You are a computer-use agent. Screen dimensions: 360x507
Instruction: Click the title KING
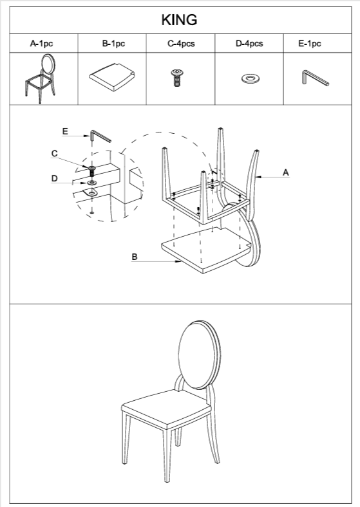(179, 20)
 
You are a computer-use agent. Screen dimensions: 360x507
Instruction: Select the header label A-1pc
(41, 44)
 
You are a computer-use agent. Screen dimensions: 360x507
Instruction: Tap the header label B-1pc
(113, 44)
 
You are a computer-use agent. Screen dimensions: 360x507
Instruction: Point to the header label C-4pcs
(181, 44)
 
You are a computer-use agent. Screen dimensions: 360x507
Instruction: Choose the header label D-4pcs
(249, 44)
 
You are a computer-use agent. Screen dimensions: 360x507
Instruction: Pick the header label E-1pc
(310, 44)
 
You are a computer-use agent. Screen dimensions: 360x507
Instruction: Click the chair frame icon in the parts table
(41, 79)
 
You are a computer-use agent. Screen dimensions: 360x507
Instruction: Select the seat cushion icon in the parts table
(112, 77)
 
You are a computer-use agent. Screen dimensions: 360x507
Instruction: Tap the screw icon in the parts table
(176, 78)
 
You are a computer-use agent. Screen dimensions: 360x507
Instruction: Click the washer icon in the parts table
(251, 78)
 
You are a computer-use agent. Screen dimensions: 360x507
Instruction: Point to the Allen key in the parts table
(315, 78)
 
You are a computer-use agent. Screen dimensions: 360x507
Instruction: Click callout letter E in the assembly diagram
(65, 131)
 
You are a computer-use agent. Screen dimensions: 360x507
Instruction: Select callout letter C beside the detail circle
(54, 154)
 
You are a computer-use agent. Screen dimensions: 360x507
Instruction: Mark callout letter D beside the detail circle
(54, 178)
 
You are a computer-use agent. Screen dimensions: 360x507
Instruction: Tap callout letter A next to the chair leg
(285, 172)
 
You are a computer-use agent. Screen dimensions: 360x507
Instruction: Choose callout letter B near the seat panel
(135, 257)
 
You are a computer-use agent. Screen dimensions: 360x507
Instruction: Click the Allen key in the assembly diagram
(100, 136)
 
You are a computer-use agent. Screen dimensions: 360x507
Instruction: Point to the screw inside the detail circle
(92, 171)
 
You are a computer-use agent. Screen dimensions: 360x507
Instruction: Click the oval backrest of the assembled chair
(199, 355)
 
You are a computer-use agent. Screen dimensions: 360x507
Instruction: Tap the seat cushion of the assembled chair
(166, 409)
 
